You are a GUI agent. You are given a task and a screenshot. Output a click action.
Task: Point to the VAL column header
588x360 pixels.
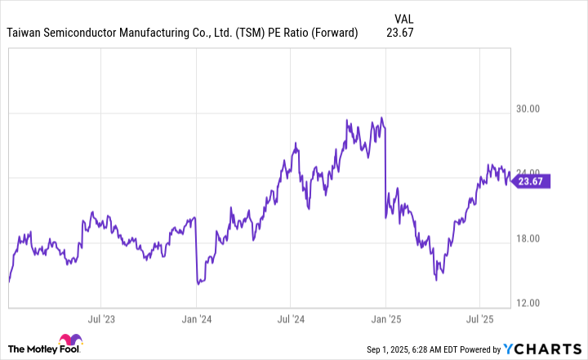point(403,17)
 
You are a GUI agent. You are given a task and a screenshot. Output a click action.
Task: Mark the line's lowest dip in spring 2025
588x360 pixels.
point(436,280)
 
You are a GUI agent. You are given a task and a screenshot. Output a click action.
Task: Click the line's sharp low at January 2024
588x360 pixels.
point(198,284)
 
